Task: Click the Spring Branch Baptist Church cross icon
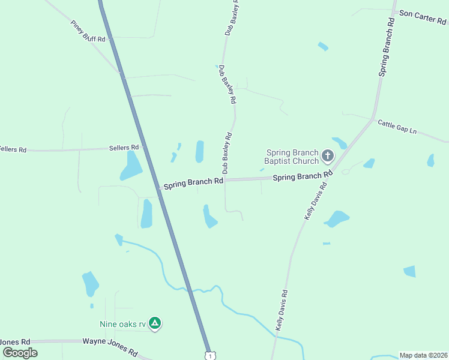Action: (327, 157)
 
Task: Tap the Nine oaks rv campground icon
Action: (155, 324)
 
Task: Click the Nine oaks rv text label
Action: (122, 325)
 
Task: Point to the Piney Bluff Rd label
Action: (88, 31)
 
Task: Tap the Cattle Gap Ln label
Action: (397, 127)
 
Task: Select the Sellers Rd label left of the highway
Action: (124, 147)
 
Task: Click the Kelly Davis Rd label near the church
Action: (318, 195)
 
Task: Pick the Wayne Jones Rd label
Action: (110, 347)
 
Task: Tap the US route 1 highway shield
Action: (209, 355)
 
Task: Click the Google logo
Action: (20, 353)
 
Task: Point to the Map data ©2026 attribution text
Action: (424, 355)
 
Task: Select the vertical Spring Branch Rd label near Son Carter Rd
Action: (386, 46)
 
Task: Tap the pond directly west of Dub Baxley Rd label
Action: (199, 152)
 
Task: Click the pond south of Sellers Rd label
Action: (130, 166)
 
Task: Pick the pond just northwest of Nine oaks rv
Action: (91, 283)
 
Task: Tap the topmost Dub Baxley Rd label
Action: (232, 18)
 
